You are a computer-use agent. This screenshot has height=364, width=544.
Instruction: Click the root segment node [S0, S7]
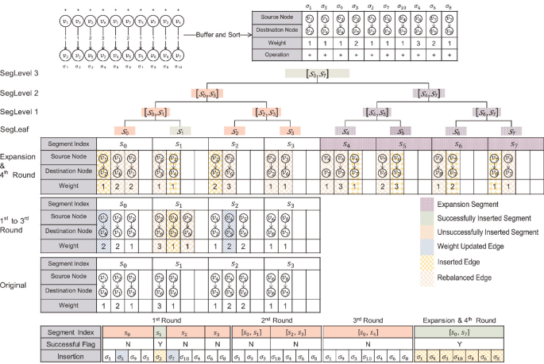pos(317,74)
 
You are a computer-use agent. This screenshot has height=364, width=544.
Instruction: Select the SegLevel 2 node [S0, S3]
pos(209,93)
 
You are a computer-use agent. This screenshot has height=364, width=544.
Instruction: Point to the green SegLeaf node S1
pos(180,130)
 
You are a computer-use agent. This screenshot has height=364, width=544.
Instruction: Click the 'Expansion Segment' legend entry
pos(476,203)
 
